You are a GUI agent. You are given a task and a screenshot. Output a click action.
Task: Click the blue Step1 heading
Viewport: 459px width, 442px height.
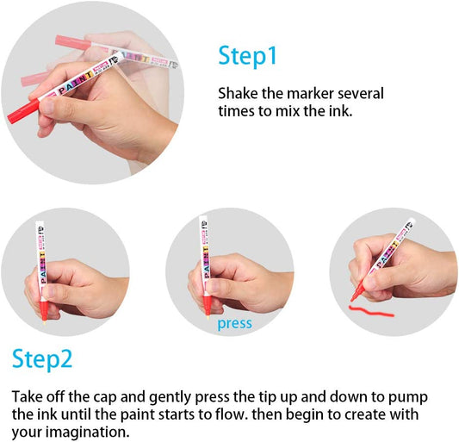pyautogui.click(x=247, y=57)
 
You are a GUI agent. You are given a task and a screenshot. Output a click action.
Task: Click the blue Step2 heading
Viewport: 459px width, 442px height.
pyautogui.click(x=42, y=359)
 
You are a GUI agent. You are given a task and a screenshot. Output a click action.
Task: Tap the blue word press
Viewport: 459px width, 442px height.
pyautogui.click(x=234, y=324)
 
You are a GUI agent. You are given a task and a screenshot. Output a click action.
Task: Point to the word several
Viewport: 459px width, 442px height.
pyautogui.click(x=361, y=93)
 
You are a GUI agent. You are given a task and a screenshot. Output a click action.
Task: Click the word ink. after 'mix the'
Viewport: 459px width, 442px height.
pyautogui.click(x=340, y=111)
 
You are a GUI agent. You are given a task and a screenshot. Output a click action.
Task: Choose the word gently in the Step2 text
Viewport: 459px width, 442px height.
pyautogui.click(x=170, y=398)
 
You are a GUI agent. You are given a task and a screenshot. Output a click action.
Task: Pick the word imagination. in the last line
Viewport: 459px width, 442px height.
pyautogui.click(x=88, y=432)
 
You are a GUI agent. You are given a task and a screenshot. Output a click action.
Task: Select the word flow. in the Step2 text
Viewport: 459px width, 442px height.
pyautogui.click(x=233, y=414)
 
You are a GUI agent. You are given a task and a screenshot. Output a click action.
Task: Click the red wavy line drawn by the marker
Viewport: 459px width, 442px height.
pyautogui.click(x=371, y=311)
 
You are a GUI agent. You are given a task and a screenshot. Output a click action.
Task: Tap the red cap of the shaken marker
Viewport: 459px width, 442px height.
pyautogui.click(x=23, y=111)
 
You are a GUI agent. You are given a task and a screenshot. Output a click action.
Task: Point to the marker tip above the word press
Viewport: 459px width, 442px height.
pyautogui.click(x=208, y=315)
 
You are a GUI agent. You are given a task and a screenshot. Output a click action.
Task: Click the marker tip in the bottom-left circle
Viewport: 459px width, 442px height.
pyautogui.click(x=45, y=321)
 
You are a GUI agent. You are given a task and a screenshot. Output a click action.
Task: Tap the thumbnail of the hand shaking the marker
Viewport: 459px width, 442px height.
pyautogui.click(x=92, y=93)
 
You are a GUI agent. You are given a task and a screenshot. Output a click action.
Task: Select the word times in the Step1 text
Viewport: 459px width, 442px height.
pyautogui.click(x=236, y=111)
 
